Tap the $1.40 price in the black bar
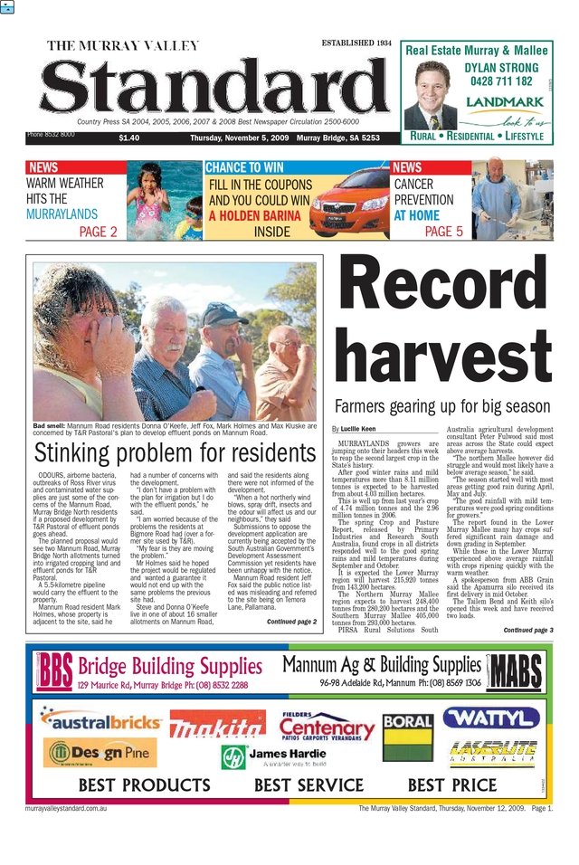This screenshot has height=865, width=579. click(x=128, y=138)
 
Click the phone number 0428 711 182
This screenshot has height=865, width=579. click(x=501, y=81)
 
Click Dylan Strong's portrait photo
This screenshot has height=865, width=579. click(x=431, y=94)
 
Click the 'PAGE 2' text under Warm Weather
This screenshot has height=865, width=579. click(x=98, y=232)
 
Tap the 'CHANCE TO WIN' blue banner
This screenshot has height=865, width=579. click(x=244, y=167)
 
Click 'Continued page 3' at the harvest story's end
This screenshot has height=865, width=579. click(x=527, y=630)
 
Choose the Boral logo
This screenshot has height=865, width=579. click(x=408, y=723)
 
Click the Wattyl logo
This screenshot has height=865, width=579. click(x=491, y=718)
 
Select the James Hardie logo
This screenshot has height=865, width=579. click(x=271, y=756)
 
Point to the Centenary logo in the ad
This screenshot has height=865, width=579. click(x=326, y=726)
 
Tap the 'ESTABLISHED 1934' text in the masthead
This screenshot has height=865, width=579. click(x=356, y=43)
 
